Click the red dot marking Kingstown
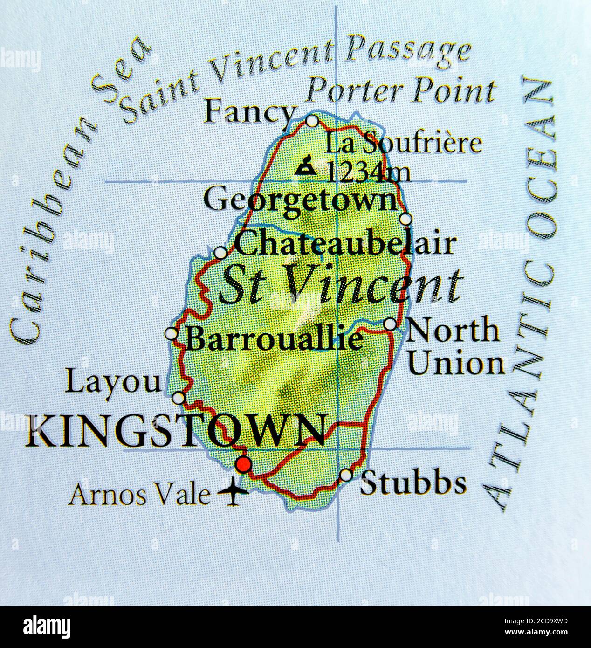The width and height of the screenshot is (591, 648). [x=243, y=464]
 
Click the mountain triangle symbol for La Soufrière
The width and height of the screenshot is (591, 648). [x=306, y=166]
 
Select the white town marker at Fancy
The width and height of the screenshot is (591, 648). [x=312, y=121]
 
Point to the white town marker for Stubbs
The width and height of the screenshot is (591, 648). [x=346, y=475]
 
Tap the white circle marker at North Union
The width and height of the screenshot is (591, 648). [x=390, y=324]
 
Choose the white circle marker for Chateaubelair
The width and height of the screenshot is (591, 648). [x=220, y=253]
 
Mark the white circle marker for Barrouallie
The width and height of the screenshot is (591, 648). [x=172, y=334]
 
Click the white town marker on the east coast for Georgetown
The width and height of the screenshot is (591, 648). [x=406, y=219]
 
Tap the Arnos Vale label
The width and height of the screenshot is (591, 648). [x=139, y=495]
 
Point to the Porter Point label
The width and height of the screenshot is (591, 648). [x=401, y=91]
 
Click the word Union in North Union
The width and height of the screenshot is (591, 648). [x=456, y=365]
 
